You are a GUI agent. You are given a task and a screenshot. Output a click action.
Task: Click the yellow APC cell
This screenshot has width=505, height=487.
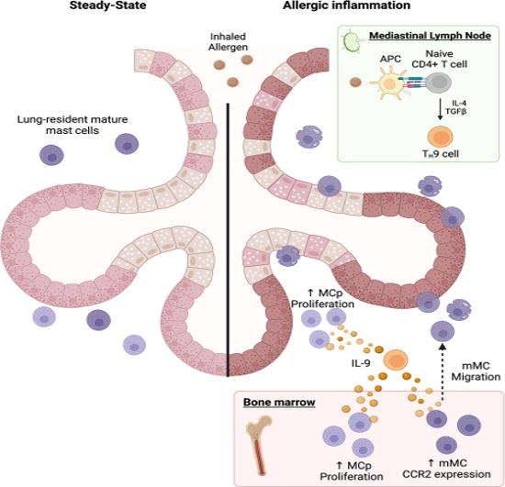[388, 90]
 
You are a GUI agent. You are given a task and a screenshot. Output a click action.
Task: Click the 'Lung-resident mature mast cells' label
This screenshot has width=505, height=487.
[60, 126]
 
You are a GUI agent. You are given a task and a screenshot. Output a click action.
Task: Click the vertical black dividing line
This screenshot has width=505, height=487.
[228, 229]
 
